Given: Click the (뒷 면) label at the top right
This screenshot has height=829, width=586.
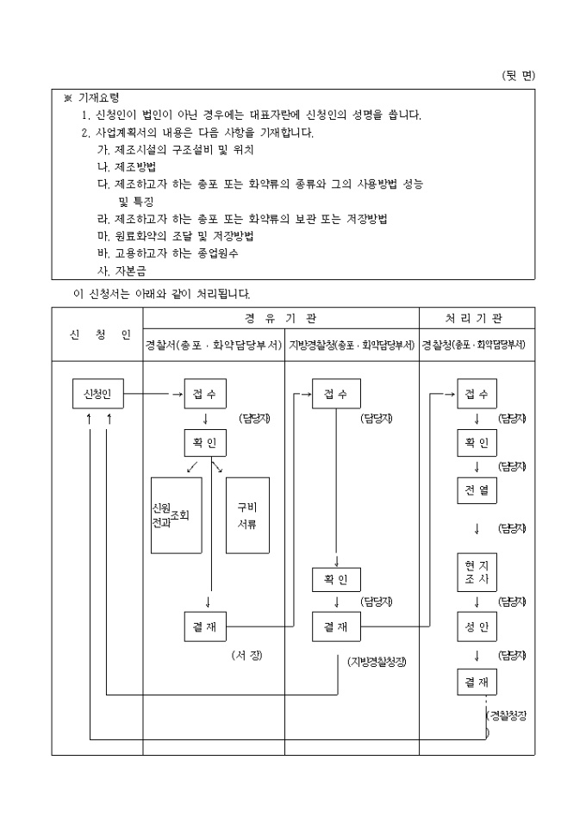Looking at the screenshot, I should click(x=517, y=76).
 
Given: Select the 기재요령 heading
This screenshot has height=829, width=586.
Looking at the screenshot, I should click(x=97, y=99).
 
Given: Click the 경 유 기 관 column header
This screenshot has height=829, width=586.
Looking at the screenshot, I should click(x=281, y=318).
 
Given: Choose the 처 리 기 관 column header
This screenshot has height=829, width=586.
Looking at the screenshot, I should click(x=477, y=318).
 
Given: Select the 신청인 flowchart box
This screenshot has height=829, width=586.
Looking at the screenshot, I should click(x=97, y=395).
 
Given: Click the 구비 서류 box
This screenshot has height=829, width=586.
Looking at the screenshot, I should click(x=247, y=515).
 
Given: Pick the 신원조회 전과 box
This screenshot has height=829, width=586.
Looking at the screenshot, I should click(x=176, y=515).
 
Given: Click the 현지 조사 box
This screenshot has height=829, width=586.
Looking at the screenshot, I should click(x=477, y=572).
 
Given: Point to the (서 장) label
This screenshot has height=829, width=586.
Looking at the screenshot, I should click(x=247, y=656).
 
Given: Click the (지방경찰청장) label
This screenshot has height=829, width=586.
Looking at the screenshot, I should click(x=377, y=662).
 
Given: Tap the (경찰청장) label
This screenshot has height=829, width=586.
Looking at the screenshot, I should click(x=506, y=715).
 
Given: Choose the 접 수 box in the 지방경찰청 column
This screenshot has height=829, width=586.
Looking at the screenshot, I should click(x=336, y=395).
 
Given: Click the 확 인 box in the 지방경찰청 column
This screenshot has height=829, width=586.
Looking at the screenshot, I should click(x=336, y=580).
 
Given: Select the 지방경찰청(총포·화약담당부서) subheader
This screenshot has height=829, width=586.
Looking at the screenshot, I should click(x=352, y=345).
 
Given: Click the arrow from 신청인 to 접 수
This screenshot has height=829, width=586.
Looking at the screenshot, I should click(x=153, y=395).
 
